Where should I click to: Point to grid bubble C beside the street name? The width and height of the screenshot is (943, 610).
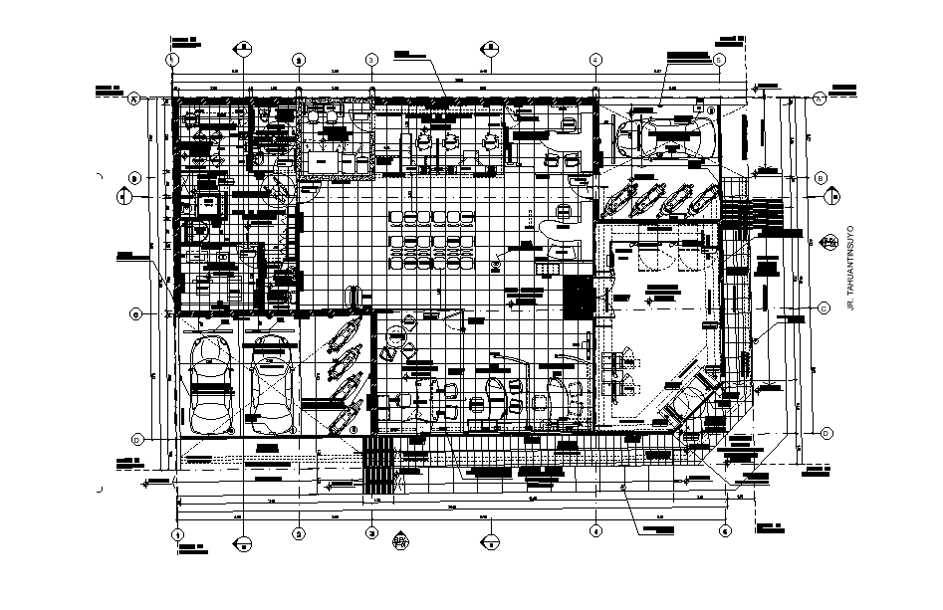823,308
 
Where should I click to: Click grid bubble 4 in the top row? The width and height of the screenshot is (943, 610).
594,60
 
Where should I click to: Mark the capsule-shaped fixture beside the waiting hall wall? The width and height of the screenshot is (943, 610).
351,297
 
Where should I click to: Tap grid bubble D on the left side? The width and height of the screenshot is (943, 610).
136,439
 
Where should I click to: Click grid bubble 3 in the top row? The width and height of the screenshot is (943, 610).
369,60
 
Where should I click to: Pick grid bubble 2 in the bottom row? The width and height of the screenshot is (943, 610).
298,532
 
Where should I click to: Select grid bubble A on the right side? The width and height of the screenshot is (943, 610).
819,98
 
